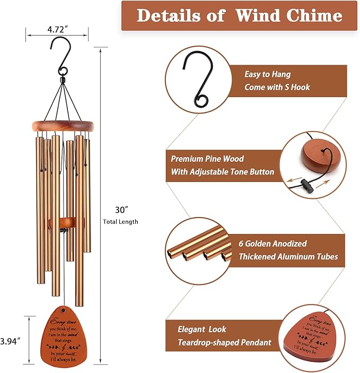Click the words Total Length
(x=121, y=222)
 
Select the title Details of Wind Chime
(x=240, y=15)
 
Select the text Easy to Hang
(x=267, y=75)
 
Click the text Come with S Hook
(x=277, y=87)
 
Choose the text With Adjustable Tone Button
(x=222, y=171)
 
